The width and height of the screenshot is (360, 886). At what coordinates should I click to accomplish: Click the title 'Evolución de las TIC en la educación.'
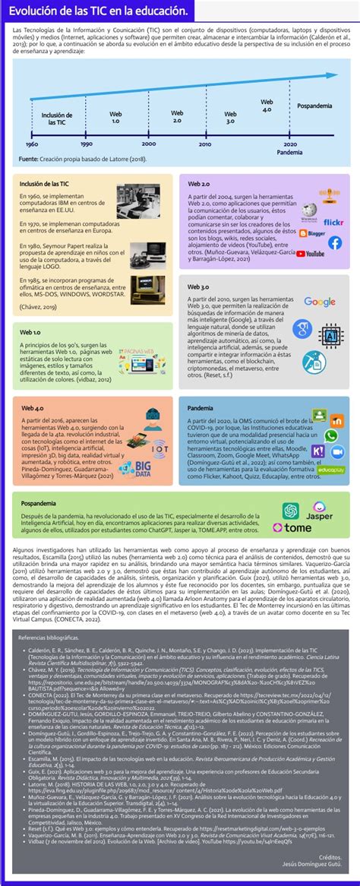click(99, 11)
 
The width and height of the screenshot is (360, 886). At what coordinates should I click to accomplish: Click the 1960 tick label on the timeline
click(32, 144)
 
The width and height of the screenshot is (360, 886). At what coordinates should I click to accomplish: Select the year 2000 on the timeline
click(128, 144)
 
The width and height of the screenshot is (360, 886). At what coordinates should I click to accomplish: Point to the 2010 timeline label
click(184, 144)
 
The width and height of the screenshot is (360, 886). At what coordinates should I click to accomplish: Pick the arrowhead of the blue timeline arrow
click(333, 75)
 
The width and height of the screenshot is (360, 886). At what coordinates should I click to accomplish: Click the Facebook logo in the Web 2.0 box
click(334, 243)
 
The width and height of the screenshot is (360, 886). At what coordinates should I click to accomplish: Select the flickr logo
click(333, 223)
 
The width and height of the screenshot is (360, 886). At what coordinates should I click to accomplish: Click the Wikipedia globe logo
click(309, 212)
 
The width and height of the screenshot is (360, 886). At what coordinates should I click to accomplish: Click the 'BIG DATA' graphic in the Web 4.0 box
click(138, 466)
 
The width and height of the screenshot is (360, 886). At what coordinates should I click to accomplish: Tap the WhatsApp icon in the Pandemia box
click(332, 436)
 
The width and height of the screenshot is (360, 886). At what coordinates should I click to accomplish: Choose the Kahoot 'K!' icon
click(318, 451)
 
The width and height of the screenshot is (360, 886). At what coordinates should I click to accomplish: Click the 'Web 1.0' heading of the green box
click(31, 311)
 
